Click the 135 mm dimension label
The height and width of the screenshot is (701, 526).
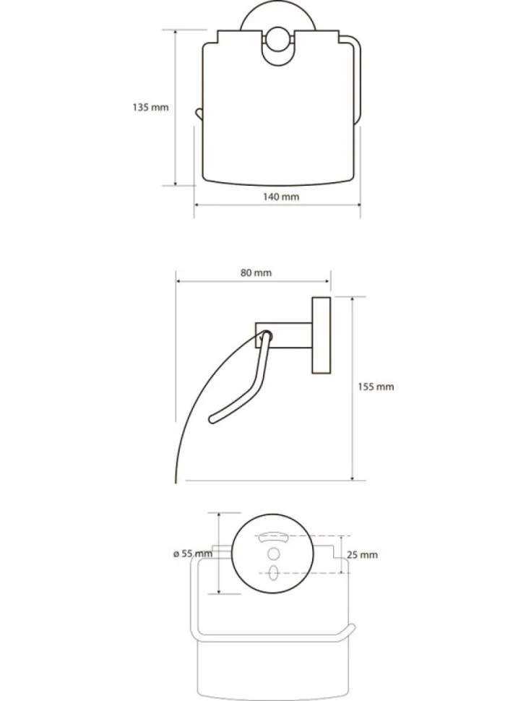(150, 107)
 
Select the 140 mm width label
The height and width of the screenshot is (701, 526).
(280, 197)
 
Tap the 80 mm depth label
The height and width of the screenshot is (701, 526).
(256, 272)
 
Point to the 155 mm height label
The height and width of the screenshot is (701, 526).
(376, 387)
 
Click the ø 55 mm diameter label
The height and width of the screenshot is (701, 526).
(193, 554)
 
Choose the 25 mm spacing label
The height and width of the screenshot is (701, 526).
(362, 555)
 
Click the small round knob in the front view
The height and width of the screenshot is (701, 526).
(278, 39)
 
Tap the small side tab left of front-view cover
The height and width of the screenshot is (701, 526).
(199, 113)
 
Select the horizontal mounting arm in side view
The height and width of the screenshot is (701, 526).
(283, 335)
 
